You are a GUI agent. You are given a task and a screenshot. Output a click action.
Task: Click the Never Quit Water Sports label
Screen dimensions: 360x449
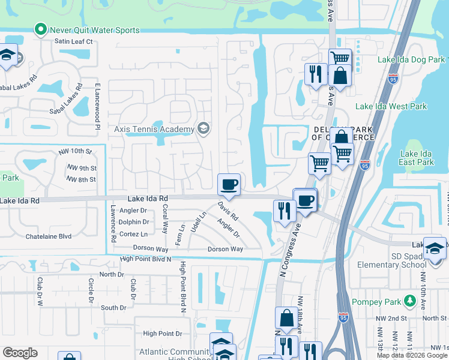[x=95, y=30]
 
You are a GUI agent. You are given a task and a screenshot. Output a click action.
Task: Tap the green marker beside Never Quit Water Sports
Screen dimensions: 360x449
[x=41, y=29]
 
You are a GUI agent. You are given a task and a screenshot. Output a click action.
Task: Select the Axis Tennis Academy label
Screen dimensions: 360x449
[x=154, y=129]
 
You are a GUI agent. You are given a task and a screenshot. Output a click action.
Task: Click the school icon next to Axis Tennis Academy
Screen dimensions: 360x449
[x=203, y=128]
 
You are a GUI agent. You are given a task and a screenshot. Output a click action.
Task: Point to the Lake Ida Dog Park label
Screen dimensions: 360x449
[x=411, y=59]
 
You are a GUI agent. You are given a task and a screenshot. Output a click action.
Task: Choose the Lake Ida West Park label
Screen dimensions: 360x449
[x=391, y=106]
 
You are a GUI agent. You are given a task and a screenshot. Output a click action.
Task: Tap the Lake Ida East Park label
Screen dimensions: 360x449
[x=417, y=158]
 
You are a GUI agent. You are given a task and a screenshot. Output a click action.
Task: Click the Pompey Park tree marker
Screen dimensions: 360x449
[x=409, y=300]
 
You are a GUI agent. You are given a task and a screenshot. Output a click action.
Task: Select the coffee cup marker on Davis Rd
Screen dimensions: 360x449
[x=228, y=184]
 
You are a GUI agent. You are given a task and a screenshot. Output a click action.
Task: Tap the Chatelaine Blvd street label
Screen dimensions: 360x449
[x=49, y=236]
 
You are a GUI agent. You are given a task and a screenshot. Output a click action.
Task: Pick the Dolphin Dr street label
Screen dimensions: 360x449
[x=133, y=222]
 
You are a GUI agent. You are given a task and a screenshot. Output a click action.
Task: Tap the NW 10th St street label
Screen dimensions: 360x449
[x=79, y=151]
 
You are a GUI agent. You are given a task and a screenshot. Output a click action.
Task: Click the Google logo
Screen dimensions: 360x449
[x=20, y=353]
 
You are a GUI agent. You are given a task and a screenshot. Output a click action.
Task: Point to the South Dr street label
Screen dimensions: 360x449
[x=113, y=308]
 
